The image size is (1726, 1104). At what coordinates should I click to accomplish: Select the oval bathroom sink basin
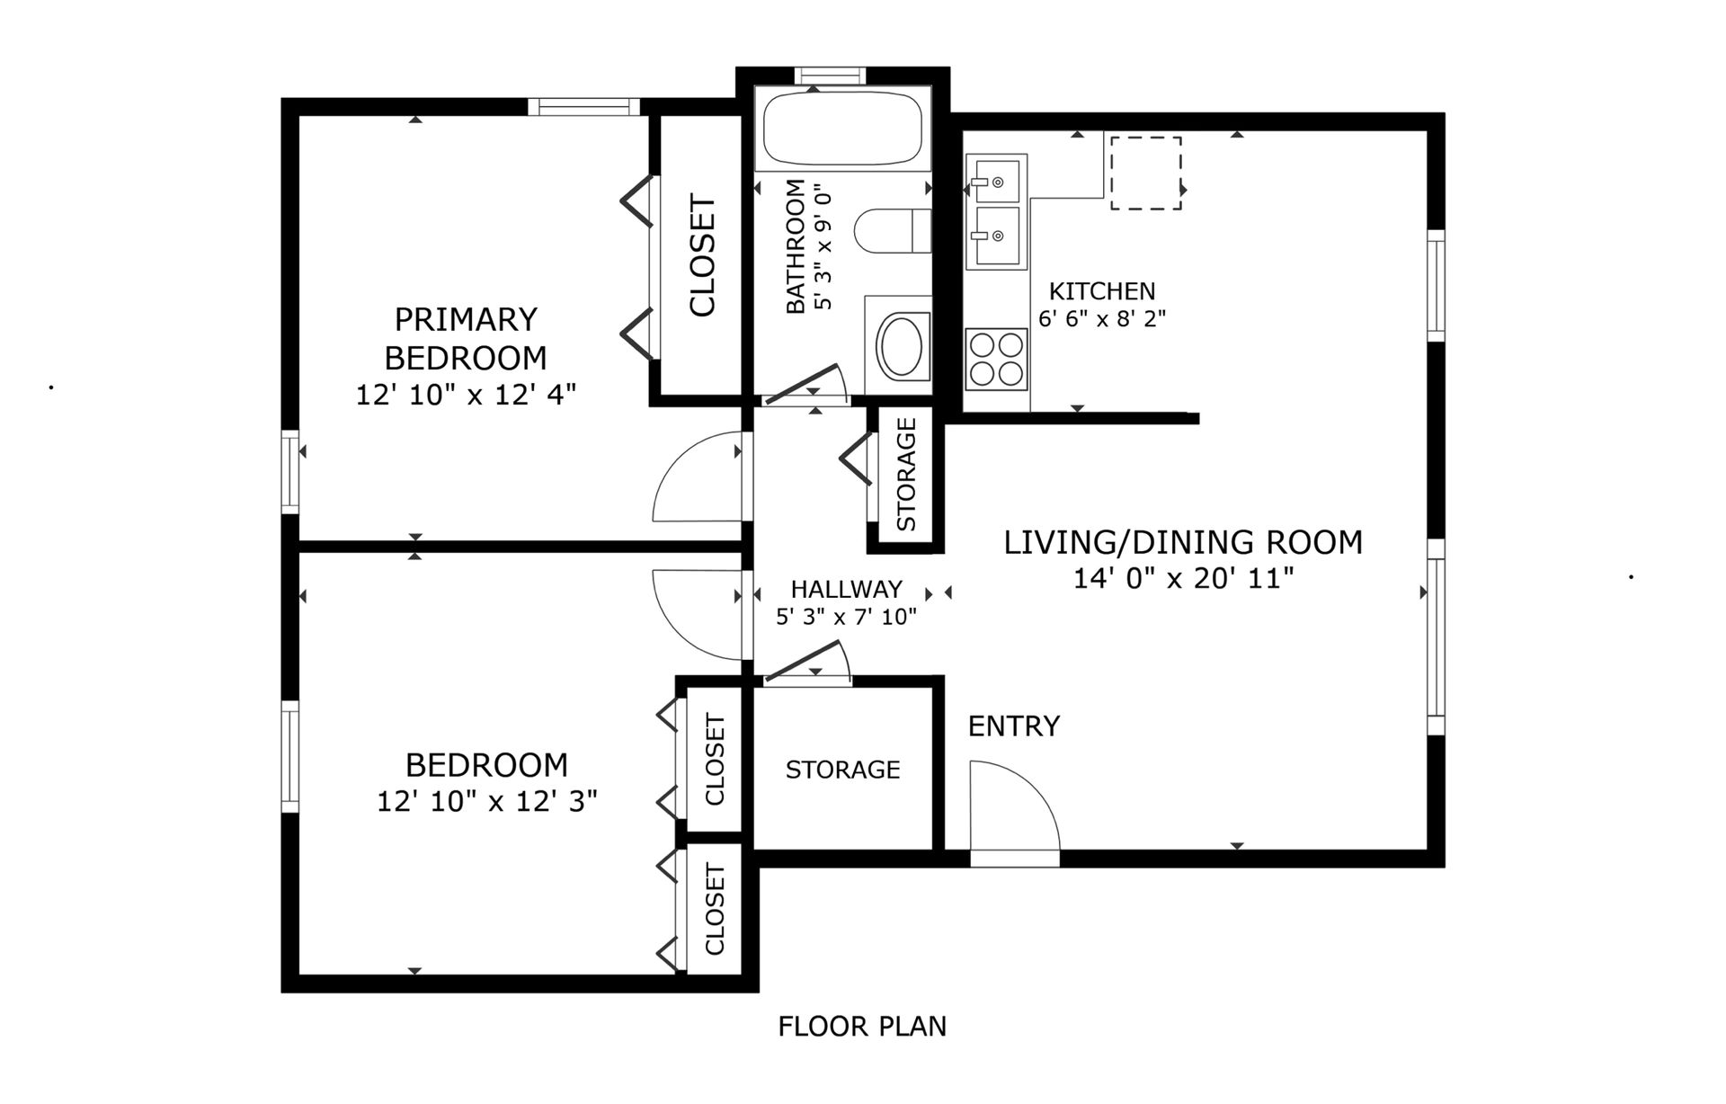point(903,346)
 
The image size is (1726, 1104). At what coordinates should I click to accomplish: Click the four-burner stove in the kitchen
point(996,358)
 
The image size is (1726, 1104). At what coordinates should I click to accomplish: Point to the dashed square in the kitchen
point(1145,174)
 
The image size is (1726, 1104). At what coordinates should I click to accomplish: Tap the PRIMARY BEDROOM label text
point(466,338)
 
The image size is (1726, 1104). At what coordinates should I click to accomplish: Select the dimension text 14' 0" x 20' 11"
point(1183,578)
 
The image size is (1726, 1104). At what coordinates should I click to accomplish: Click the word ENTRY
point(1013,726)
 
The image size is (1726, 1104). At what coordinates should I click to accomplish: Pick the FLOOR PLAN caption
point(862,1026)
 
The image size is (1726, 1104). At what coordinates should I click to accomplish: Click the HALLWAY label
point(846,589)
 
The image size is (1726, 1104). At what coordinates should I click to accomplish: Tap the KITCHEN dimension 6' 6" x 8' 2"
point(1101,318)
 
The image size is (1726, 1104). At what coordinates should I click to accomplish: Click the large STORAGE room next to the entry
point(842,769)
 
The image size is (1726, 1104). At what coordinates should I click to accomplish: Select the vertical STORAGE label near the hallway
point(906,474)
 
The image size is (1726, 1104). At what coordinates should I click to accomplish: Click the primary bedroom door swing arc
point(697,476)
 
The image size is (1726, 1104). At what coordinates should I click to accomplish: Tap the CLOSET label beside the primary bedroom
point(702,256)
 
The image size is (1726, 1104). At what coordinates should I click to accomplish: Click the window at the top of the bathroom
point(830,76)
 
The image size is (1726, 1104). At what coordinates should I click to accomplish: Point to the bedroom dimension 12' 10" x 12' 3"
point(486,801)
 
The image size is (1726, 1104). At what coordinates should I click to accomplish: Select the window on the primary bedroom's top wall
point(583,107)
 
